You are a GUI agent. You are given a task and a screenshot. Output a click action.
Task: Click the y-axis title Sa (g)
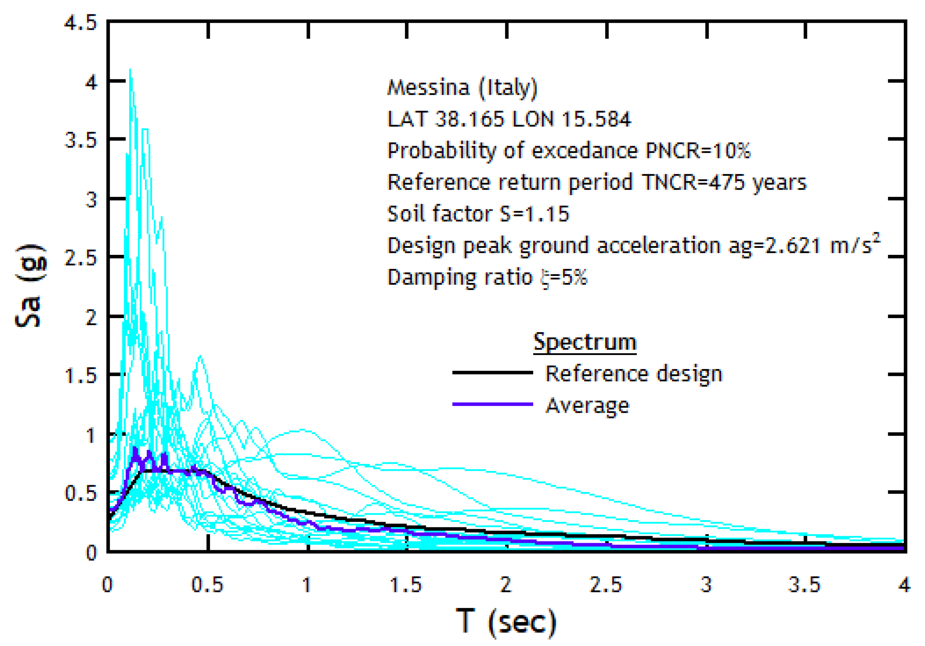pos(30,286)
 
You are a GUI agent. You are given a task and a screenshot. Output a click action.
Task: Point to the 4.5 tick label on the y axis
pos(80,23)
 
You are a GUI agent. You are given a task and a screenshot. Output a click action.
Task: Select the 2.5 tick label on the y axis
pos(80,258)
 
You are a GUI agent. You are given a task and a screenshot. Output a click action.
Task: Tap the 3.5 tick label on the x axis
pos(804,585)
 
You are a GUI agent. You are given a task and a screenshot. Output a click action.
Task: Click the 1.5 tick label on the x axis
pos(406,585)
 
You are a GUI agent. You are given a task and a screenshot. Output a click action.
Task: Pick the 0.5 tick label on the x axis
pos(207,585)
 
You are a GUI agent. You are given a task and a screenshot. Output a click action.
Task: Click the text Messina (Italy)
pos(462,87)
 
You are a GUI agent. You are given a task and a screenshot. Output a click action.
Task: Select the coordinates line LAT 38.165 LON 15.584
pos(509,119)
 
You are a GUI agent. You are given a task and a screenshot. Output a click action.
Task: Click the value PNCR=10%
pos(698,151)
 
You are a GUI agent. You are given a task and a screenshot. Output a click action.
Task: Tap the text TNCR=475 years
pos(724,182)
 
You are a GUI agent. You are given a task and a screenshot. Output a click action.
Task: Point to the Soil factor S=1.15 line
pos(478,213)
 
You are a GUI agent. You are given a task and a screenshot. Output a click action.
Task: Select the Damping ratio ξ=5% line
pos(487,277)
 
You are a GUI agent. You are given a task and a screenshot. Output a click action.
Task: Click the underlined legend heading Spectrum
pos(585,342)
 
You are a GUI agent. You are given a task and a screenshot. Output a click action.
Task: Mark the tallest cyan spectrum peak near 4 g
pos(130,70)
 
